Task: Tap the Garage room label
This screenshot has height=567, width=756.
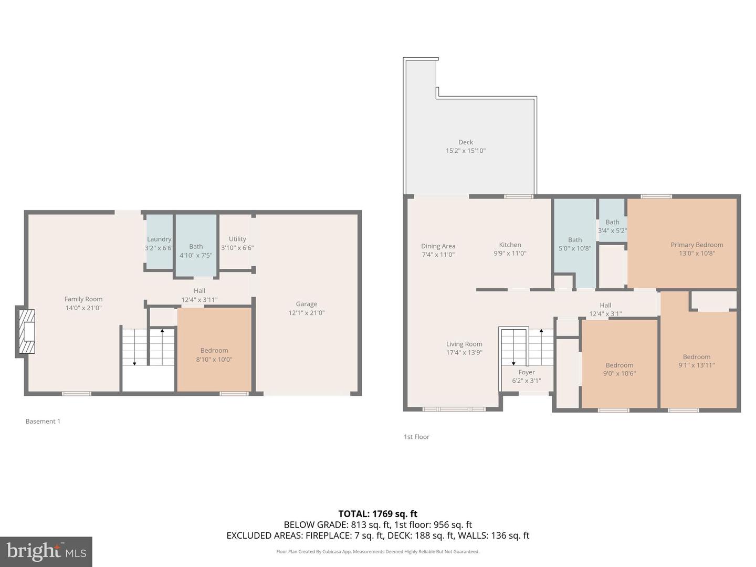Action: coord(307,304)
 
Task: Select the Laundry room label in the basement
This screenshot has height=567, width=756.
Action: coord(159,239)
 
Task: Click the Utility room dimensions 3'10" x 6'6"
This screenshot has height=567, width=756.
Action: coord(237,248)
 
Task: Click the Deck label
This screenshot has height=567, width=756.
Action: coord(466,142)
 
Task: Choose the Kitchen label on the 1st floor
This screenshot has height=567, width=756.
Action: coord(510,245)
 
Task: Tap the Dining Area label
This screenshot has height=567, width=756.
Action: coord(438,246)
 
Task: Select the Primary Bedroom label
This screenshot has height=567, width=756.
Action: coord(697,245)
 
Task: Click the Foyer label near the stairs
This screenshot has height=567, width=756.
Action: coord(527,372)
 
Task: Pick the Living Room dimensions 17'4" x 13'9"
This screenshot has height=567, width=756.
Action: coord(464,353)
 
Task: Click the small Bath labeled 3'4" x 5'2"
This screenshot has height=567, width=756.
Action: coord(612,226)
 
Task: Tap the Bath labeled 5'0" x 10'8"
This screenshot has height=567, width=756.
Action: coord(575,244)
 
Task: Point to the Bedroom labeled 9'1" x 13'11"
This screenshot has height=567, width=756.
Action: coord(697,361)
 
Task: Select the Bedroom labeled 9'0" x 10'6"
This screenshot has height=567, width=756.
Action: coord(619,370)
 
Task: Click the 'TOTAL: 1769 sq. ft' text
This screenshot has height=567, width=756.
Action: coord(377,514)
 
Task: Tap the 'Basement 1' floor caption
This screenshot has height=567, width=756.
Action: coord(43,422)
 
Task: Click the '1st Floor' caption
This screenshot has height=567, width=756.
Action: coord(416,437)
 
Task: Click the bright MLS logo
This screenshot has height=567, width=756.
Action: coord(46,551)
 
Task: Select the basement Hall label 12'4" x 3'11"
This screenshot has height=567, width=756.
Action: coord(199,295)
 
